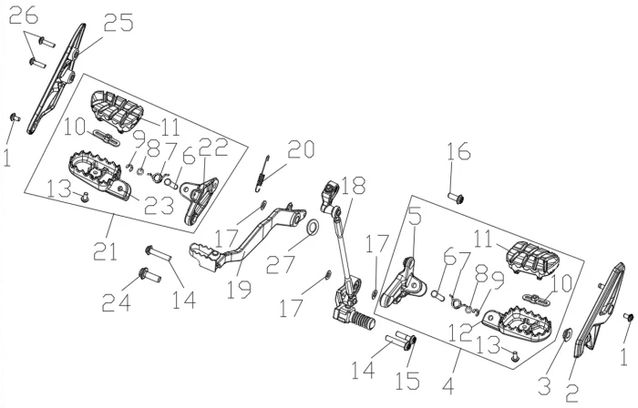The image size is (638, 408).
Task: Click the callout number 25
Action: [x=117, y=23]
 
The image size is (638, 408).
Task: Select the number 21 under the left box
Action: [x=107, y=250]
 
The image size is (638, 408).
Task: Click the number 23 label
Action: [x=159, y=206]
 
